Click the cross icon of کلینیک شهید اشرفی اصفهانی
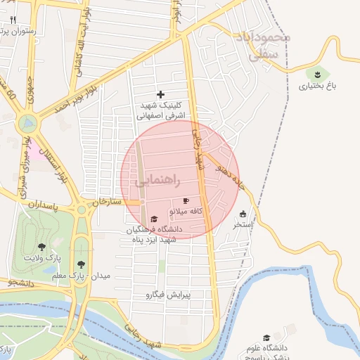[161, 94]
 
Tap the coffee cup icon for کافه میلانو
[186, 201]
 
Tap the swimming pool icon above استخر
[243, 214]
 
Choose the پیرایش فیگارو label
[177, 295]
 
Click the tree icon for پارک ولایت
[41, 247]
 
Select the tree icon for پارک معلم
[82, 264]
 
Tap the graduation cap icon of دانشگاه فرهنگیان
[154, 219]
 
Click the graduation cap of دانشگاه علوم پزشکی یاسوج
[266, 338]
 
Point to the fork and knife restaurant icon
[13, 20]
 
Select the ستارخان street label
[106, 201]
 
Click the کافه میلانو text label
[186, 211]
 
